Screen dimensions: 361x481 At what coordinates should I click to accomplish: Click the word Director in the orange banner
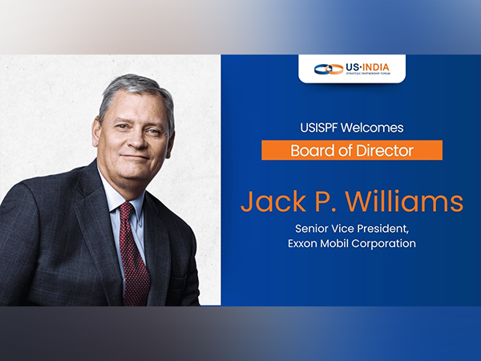click(x=381, y=150)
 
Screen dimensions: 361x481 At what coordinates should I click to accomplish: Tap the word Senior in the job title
click(x=313, y=229)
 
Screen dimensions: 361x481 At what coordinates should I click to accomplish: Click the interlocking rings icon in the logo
click(x=329, y=69)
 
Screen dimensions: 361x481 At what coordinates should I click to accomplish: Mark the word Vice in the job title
click(x=344, y=229)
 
